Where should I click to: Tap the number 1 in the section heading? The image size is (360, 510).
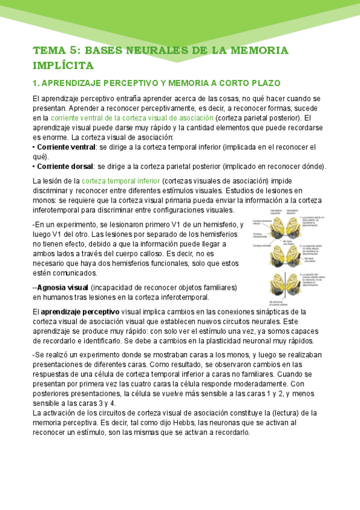click(35, 82)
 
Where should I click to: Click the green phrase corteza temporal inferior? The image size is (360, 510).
click(121, 181)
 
